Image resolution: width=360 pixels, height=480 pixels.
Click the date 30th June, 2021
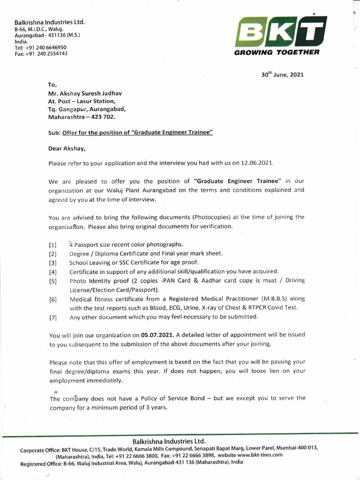282,74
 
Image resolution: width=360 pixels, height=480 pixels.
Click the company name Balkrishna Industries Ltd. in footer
169,441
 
